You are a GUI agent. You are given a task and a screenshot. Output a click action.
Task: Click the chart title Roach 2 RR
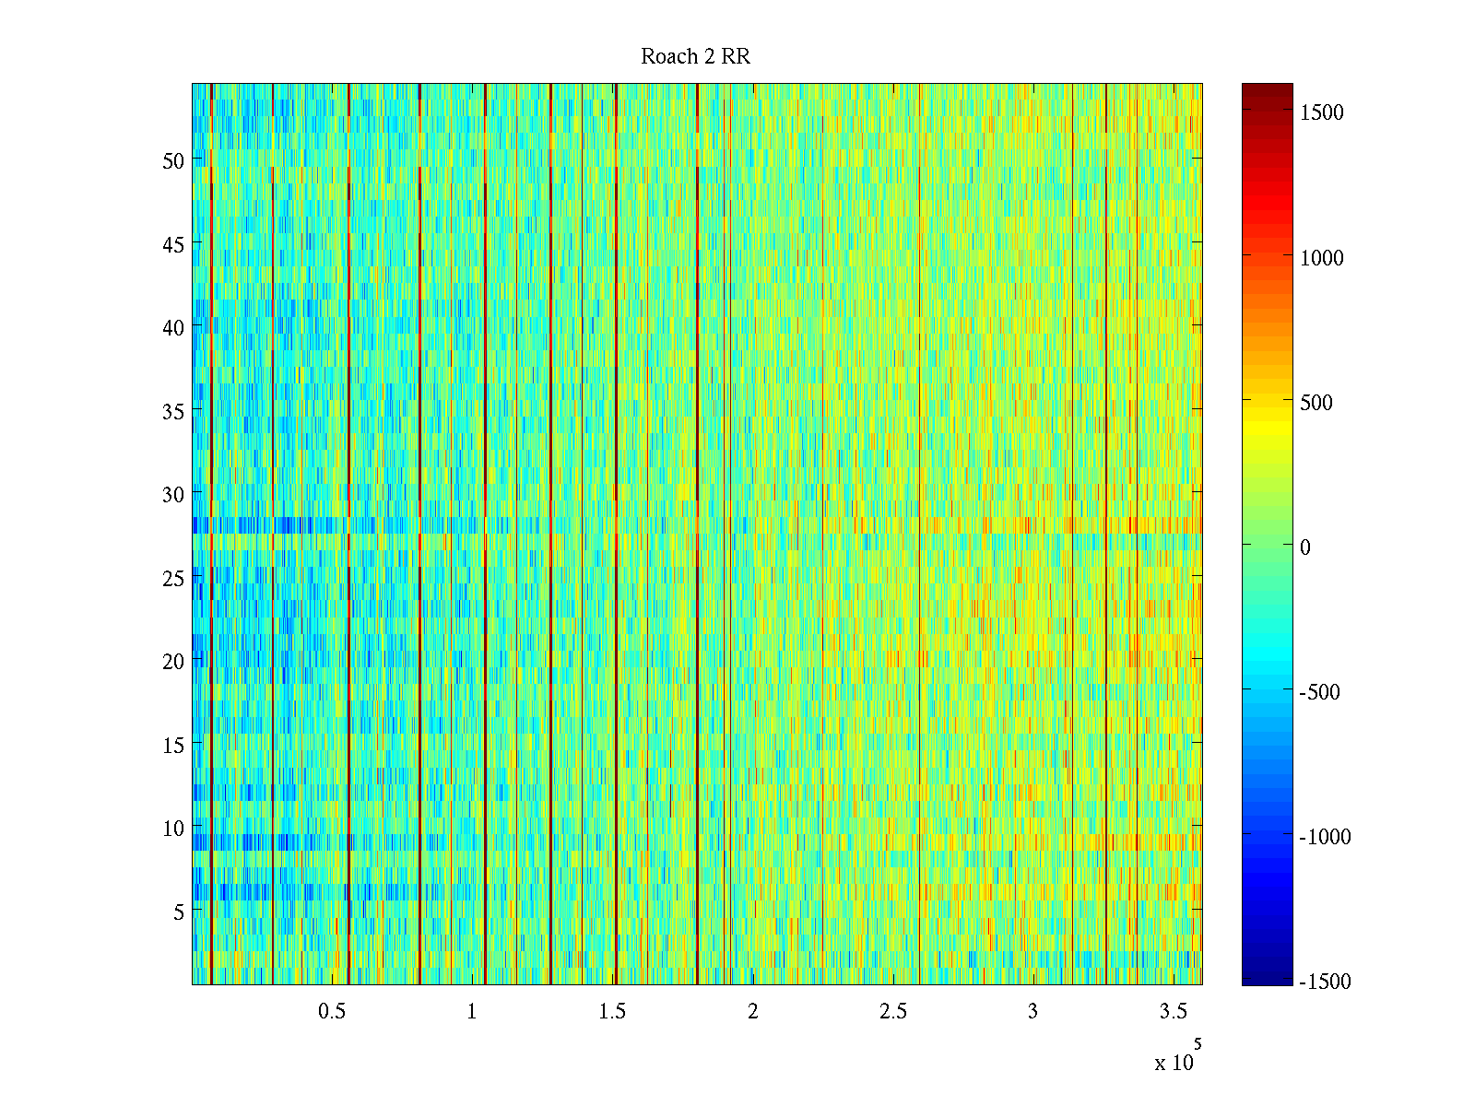[x=695, y=57]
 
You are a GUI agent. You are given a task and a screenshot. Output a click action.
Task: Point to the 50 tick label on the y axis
[x=173, y=160]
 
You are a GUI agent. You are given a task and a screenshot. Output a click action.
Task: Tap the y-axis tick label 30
[x=173, y=495]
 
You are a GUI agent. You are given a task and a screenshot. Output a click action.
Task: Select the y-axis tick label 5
[x=179, y=912]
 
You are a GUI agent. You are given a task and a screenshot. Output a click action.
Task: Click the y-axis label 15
[x=173, y=745]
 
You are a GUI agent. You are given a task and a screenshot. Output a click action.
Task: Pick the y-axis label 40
[x=173, y=327]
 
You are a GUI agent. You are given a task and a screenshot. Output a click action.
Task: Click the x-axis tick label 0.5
[x=332, y=1012]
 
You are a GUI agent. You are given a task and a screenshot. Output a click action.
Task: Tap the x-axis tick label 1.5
[x=612, y=1012]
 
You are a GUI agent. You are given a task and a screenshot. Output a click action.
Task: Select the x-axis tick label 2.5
[x=892, y=1012]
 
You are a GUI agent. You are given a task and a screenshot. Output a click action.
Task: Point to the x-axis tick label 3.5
[x=1173, y=1012]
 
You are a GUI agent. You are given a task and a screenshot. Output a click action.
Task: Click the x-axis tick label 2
[x=753, y=1012]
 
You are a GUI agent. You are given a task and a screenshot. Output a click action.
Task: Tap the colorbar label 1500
[x=1322, y=112]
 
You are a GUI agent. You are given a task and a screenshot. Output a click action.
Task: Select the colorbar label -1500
[x=1325, y=982]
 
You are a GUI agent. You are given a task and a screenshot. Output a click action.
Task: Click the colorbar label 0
[x=1305, y=547]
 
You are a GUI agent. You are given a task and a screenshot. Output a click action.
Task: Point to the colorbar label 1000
[x=1322, y=258]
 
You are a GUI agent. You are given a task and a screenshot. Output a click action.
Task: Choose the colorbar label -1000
[x=1325, y=837]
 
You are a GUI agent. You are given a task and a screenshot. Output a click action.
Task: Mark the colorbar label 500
[x=1316, y=403]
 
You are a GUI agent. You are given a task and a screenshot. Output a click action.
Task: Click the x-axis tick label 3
[x=1032, y=1012]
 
